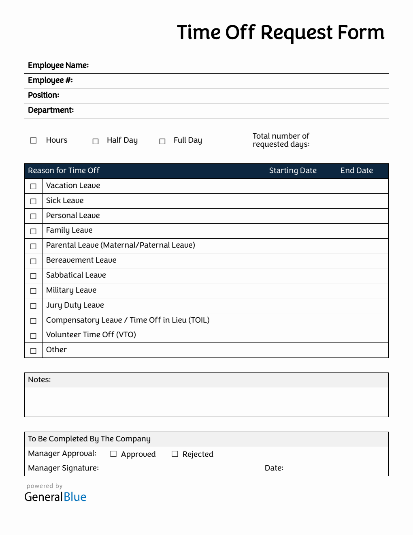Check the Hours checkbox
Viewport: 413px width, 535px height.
point(33,140)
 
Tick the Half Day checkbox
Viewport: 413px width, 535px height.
point(96,141)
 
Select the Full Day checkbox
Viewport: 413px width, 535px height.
point(162,141)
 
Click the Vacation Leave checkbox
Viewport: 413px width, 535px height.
point(33,186)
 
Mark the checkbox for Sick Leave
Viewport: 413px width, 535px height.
point(33,201)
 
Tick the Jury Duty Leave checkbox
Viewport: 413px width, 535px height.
point(33,306)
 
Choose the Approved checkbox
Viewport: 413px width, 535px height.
point(113,454)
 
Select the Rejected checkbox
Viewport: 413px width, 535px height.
point(175,454)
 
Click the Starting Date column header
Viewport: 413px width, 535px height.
point(293,171)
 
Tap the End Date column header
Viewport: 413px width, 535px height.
point(356,171)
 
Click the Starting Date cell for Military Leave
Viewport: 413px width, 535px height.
point(293,291)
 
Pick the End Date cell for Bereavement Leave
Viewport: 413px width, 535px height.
point(356,261)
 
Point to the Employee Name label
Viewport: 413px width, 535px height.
point(58,65)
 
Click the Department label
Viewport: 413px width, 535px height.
point(51,110)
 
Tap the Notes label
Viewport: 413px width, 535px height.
point(39,380)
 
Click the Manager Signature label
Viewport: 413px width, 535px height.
point(63,468)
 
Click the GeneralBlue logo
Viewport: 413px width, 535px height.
point(55,497)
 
